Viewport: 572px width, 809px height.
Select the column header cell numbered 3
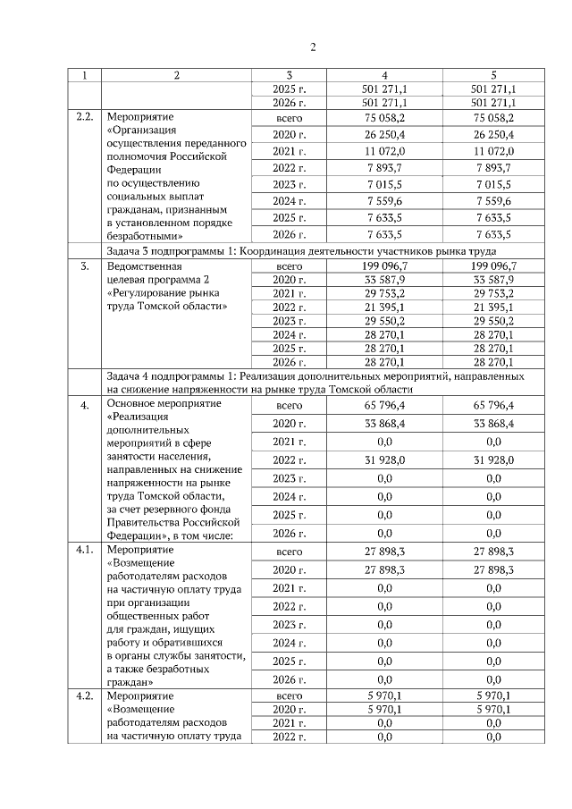290,76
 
